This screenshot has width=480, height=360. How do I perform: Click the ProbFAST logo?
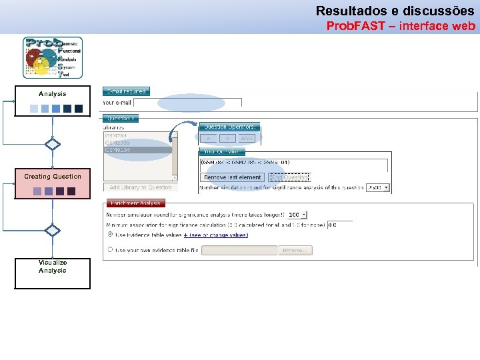[53, 58]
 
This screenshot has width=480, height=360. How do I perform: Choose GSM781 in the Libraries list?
[117, 135]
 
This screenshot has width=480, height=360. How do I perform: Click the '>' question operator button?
[209, 138]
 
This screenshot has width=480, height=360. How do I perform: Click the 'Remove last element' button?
[233, 177]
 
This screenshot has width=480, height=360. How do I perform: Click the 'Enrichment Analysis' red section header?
[135, 203]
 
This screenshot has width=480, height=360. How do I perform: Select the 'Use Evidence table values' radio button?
[110, 235]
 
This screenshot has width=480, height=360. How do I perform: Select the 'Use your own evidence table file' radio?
[110, 250]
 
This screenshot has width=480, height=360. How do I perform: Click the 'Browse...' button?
[295, 251]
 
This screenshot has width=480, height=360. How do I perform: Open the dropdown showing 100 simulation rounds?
[297, 215]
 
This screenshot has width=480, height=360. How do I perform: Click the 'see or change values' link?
[219, 235]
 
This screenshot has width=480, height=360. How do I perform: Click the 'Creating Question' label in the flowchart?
[53, 177]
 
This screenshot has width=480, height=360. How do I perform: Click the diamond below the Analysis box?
[53, 144]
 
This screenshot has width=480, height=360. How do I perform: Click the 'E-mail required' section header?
[125, 91]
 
